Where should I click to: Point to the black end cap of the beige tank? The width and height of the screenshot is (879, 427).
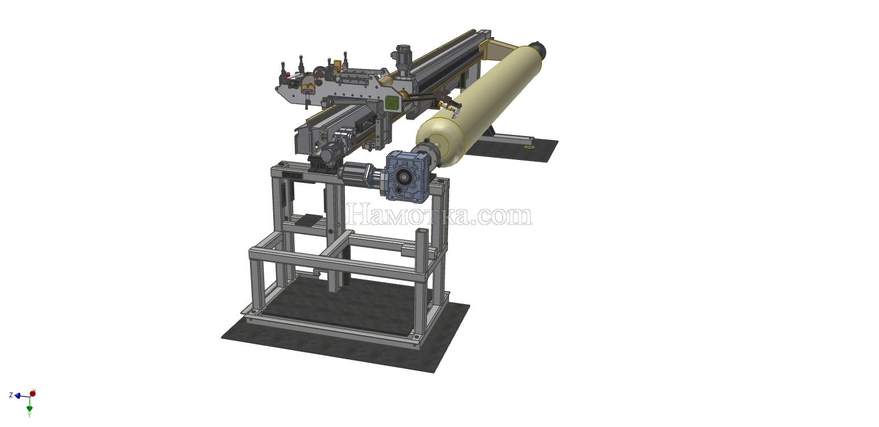[x=539, y=48]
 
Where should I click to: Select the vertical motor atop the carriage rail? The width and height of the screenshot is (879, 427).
[x=402, y=57]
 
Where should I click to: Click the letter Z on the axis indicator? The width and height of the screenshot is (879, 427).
[x=11, y=395]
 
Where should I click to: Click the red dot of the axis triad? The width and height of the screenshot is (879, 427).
[x=33, y=393]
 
